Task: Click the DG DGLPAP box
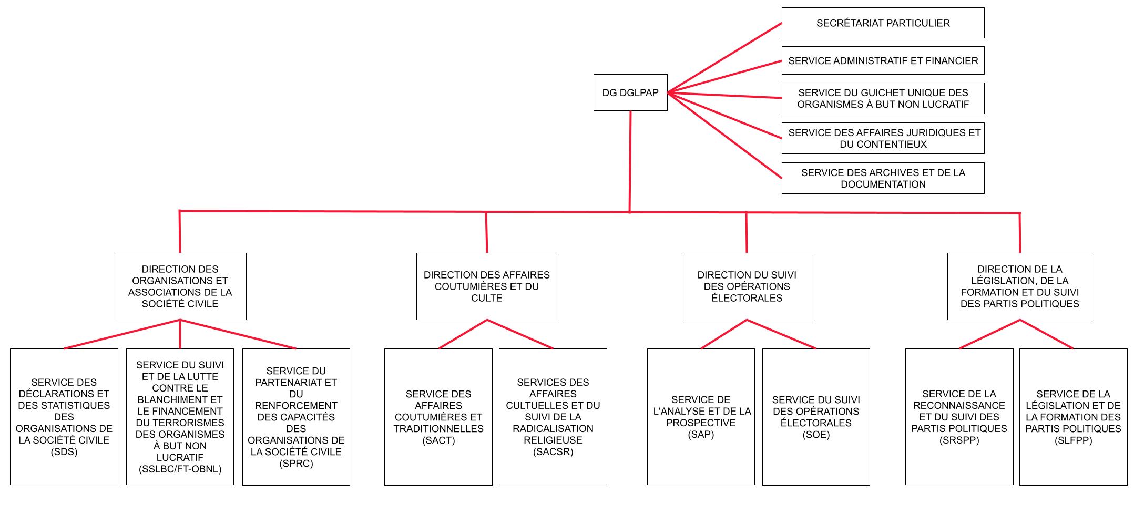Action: (x=630, y=92)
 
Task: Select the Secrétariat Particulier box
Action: (x=883, y=23)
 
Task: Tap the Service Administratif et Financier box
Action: (x=883, y=61)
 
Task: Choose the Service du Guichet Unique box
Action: (x=883, y=98)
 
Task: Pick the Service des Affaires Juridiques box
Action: (x=883, y=138)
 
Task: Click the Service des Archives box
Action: (x=883, y=178)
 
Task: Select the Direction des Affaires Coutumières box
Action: (x=486, y=286)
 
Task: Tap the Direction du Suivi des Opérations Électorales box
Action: (x=747, y=286)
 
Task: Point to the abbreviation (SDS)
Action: (x=64, y=452)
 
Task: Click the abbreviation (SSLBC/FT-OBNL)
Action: (x=180, y=469)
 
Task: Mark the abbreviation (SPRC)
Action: (x=296, y=464)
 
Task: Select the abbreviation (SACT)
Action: (x=438, y=440)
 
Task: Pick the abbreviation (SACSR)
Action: (x=553, y=452)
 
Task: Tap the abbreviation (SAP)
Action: (x=701, y=435)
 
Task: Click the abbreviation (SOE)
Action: (x=816, y=435)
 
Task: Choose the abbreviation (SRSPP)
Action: (x=959, y=440)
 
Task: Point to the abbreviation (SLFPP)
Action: (x=1073, y=440)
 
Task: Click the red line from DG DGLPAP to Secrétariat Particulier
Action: (x=726, y=58)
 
